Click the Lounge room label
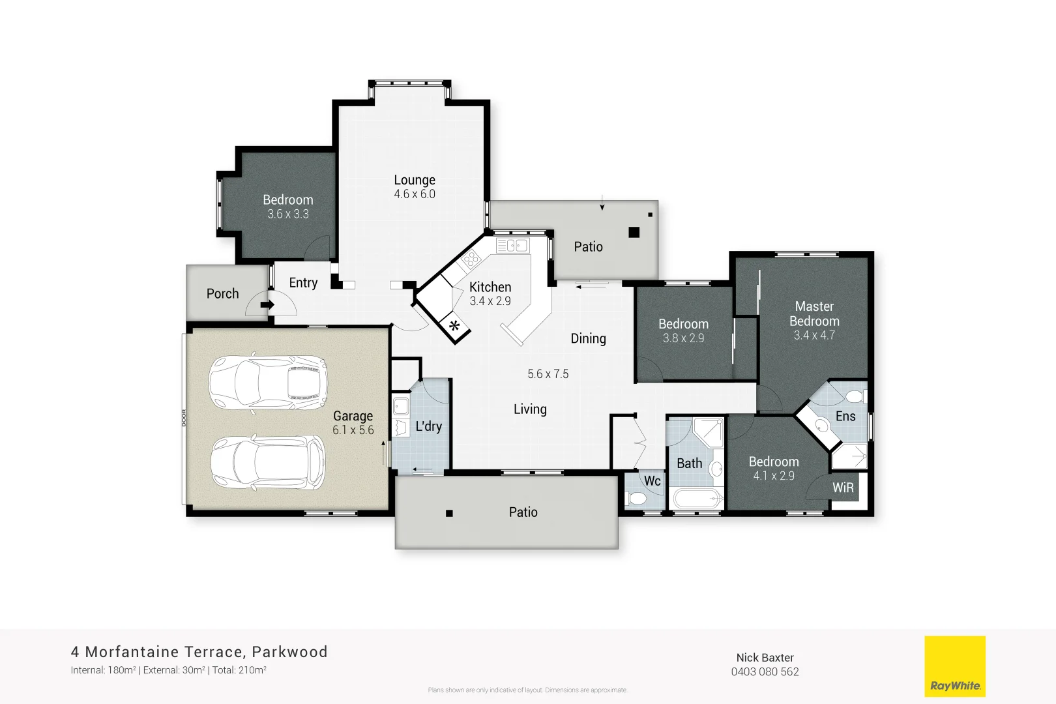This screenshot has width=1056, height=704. pyautogui.click(x=415, y=180)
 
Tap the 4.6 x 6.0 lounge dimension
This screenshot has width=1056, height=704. pyautogui.click(x=415, y=194)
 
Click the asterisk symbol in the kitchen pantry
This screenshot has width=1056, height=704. pyautogui.click(x=454, y=327)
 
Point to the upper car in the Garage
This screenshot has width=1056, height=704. pyautogui.click(x=268, y=383)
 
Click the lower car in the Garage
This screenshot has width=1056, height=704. pyautogui.click(x=268, y=462)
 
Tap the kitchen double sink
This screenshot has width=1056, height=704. pyautogui.click(x=512, y=246)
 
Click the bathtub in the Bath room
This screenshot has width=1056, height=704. pyautogui.click(x=698, y=499)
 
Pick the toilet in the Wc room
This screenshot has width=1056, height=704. pyautogui.click(x=636, y=499)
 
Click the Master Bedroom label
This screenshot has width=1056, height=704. pyautogui.click(x=814, y=314)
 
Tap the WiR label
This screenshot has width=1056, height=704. pyautogui.click(x=843, y=488)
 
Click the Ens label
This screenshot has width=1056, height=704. pyautogui.click(x=845, y=416)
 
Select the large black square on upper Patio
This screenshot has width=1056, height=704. pyautogui.click(x=634, y=232)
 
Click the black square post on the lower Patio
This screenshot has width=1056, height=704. pyautogui.click(x=449, y=513)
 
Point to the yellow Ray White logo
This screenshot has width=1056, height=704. pyautogui.click(x=955, y=666)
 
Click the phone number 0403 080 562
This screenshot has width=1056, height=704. pyautogui.click(x=765, y=672)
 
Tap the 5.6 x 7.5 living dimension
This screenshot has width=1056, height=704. pyautogui.click(x=548, y=374)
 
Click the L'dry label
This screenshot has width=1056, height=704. pyautogui.click(x=429, y=426)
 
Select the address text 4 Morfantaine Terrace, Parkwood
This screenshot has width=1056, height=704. pyautogui.click(x=199, y=652)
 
